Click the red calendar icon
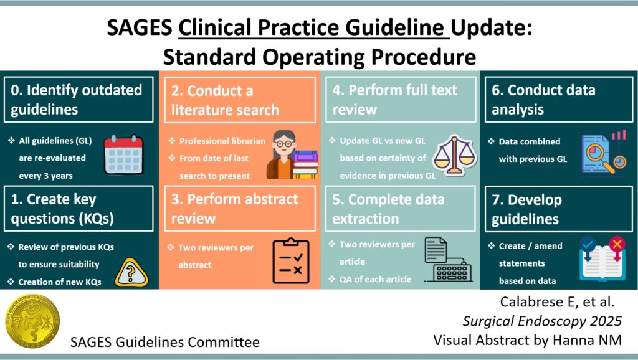(124, 154)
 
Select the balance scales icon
(454, 155)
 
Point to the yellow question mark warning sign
(131, 273)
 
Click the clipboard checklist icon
(291, 260)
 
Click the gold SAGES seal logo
(32, 321)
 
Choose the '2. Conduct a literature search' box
(240, 100)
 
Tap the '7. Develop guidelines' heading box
(559, 209)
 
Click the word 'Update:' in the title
(492, 27)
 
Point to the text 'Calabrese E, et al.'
(557, 302)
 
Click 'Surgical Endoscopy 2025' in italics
(542, 321)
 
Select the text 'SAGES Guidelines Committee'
(164, 342)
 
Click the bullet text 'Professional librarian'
(217, 141)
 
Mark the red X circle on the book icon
(617, 244)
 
